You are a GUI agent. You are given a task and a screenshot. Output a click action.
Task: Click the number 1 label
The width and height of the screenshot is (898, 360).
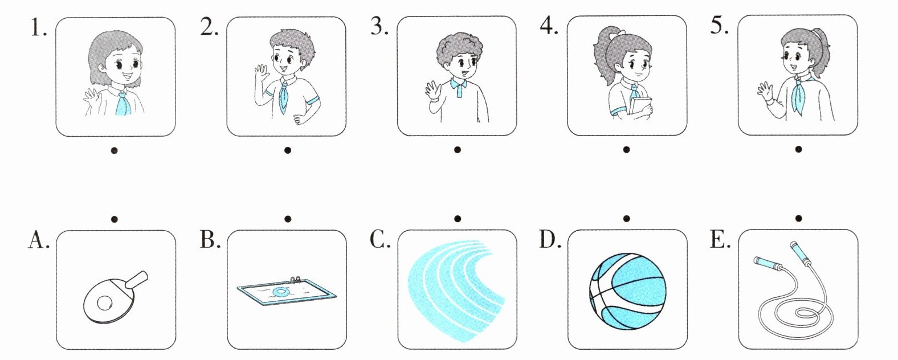click(39, 27)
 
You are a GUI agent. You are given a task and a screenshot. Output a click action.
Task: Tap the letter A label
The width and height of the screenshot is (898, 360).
click(39, 240)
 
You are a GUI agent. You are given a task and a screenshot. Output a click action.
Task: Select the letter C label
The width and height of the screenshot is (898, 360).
click(379, 240)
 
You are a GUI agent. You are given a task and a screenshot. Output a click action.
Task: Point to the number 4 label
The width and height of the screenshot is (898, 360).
click(548, 26)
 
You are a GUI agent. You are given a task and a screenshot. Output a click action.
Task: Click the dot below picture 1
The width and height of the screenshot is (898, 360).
click(115, 150)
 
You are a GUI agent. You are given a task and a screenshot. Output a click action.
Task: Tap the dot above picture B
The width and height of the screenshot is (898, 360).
click(287, 219)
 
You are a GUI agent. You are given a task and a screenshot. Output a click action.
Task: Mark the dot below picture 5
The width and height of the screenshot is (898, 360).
click(798, 149)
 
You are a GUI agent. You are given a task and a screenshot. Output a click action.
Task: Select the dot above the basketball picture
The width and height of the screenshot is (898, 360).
click(627, 219)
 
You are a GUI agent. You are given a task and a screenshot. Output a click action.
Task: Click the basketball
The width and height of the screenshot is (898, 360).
click(628, 291)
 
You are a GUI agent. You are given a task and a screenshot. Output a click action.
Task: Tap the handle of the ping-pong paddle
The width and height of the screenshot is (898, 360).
click(136, 279)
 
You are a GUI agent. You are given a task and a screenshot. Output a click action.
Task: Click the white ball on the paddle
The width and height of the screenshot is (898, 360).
click(105, 303)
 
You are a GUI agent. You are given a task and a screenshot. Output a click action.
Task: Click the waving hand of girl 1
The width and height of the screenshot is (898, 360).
click(91, 97)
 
